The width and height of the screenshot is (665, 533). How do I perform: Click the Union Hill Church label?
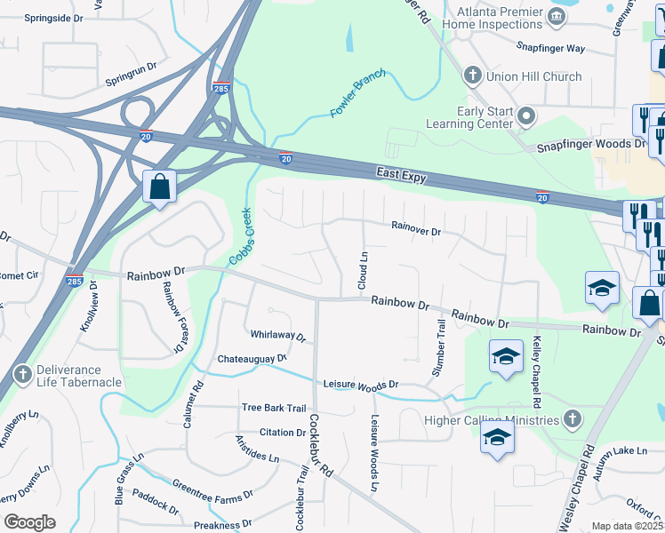(534, 76)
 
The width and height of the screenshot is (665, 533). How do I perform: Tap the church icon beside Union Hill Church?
(473, 76)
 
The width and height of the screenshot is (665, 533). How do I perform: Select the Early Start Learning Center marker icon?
(527, 116)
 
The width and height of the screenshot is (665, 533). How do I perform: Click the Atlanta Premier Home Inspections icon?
(557, 15)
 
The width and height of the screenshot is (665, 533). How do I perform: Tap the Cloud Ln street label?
(363, 269)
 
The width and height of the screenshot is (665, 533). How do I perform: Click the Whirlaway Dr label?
(278, 336)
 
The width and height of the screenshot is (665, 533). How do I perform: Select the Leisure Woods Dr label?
(361, 384)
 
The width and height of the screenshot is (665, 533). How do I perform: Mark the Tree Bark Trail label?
(274, 408)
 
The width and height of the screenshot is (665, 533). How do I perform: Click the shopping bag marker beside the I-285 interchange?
(159, 187)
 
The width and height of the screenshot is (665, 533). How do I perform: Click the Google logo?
(29, 521)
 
